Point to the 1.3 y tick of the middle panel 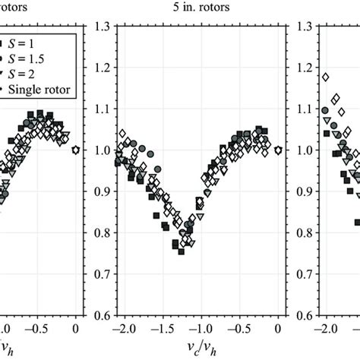99,27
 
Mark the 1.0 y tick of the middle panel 99,150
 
